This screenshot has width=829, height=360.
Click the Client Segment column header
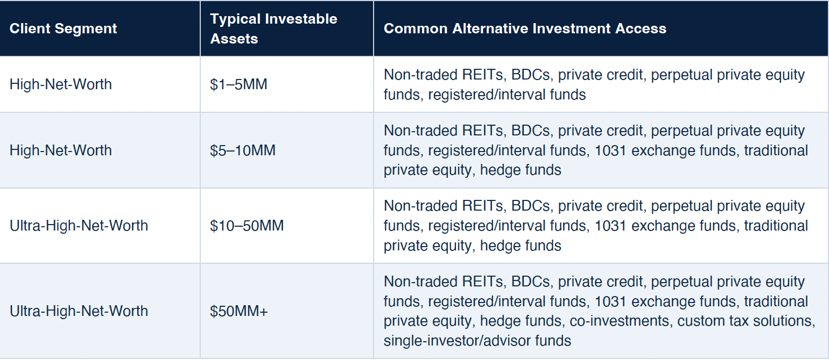63,28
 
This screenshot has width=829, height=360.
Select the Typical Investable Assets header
273,29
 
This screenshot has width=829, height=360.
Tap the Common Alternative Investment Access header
525,28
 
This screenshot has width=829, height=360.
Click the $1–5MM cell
238,84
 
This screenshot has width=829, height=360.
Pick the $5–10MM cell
243,150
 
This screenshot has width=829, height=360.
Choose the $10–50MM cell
247,226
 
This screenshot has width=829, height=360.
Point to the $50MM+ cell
239,311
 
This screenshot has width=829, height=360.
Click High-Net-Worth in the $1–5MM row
61,84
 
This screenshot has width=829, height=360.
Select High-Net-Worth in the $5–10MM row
61,150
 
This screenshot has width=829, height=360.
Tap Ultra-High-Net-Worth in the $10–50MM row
79,226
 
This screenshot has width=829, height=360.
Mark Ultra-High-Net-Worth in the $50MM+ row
79,311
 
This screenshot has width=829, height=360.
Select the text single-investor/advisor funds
477,340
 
